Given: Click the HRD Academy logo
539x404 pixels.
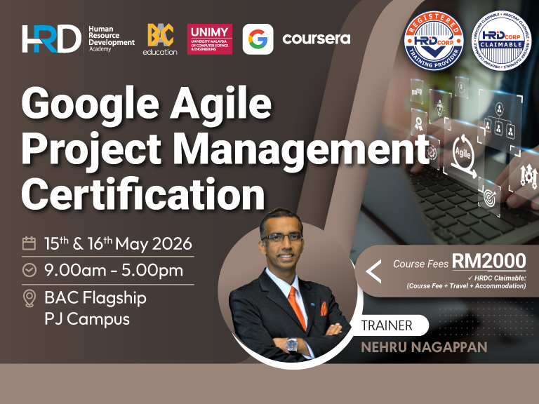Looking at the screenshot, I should tap(52, 39).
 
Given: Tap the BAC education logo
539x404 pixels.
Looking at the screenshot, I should tap(160, 39).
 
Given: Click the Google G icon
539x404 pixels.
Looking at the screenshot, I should tap(258, 39).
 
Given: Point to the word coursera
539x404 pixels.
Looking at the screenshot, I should tap(316, 39).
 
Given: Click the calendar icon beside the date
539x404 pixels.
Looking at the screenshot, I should tap(29, 244).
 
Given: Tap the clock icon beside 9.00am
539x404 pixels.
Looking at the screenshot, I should tap(29, 270).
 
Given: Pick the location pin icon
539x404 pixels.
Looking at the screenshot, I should tap(29, 298).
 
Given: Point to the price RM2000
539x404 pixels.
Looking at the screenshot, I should tap(488, 261).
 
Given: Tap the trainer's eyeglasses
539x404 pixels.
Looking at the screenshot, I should tap(284, 237).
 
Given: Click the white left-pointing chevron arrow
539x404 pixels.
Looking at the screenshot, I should tap(373, 271).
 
